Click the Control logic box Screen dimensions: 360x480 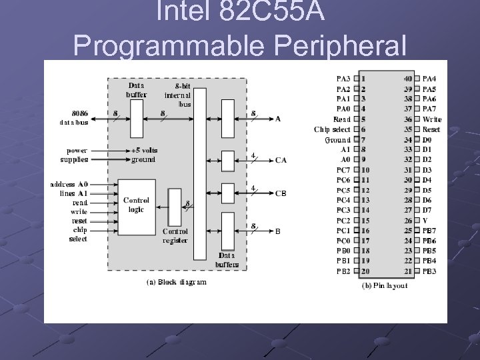(x=137, y=205)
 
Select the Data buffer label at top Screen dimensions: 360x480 (x=136, y=89)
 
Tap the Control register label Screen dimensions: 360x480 (x=175, y=235)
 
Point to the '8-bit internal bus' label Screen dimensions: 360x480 (x=179, y=95)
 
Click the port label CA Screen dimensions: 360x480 (x=281, y=160)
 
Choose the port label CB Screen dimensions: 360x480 (x=281, y=193)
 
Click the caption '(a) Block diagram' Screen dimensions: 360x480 (x=177, y=282)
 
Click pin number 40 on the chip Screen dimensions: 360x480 (x=407, y=79)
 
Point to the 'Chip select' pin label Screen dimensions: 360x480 (x=332, y=129)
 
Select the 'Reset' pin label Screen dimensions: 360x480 (x=431, y=129)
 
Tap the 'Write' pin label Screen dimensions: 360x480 (x=431, y=119)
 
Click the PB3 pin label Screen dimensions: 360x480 (x=430, y=271)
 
